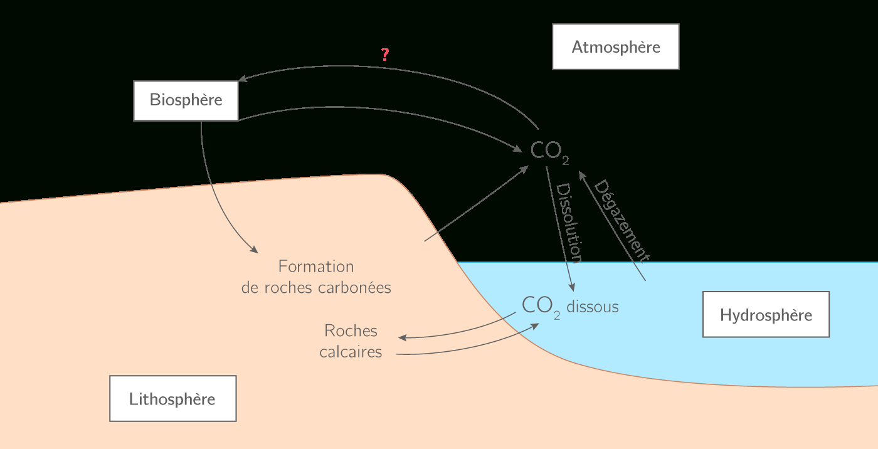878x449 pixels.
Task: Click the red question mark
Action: tap(385, 55)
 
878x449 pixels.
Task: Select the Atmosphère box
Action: tap(615, 47)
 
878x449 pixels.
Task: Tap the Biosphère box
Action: tap(186, 100)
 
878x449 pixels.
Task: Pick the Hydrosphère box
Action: tap(766, 315)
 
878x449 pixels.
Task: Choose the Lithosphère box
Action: tap(172, 399)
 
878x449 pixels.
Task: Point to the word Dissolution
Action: tap(569, 223)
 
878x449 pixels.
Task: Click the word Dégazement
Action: tap(621, 219)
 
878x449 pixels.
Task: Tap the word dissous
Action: tap(592, 307)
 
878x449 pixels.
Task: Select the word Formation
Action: tap(316, 267)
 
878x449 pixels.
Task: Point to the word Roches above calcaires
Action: tap(351, 330)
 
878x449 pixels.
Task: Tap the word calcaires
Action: tap(351, 352)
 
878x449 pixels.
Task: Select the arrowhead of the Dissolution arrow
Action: tap(571, 287)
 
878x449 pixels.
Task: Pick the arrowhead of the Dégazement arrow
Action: tap(581, 172)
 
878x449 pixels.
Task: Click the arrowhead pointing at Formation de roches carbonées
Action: tap(254, 250)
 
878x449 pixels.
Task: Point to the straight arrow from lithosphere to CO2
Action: tap(477, 204)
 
